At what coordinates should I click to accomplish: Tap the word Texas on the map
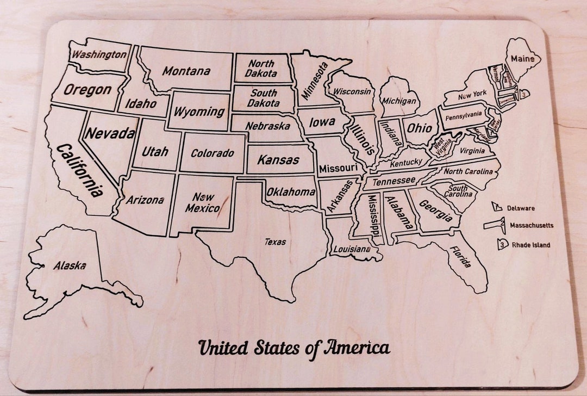coord(276,242)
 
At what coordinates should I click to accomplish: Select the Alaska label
coord(70,266)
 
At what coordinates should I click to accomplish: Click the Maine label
coord(522,58)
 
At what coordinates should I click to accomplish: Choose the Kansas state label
coord(278,160)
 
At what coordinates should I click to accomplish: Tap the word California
coord(80,170)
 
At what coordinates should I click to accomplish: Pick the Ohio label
coord(420,129)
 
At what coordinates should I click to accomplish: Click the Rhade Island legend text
coord(530,245)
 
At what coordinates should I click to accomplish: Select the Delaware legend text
coord(521,208)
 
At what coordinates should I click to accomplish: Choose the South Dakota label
coord(264,98)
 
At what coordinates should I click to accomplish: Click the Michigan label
coord(399,101)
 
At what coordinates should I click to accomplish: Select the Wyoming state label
coord(198,112)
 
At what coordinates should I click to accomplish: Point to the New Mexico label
coord(202,202)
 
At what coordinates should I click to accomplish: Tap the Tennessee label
coord(394,181)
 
